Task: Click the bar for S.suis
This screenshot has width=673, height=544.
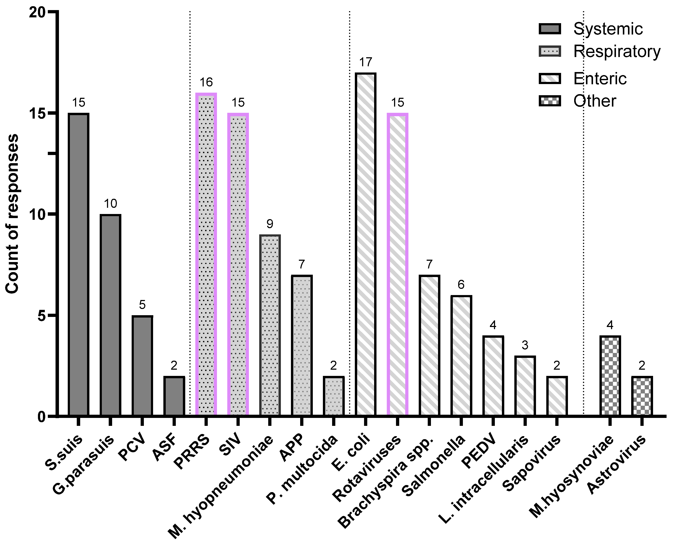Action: (x=79, y=265)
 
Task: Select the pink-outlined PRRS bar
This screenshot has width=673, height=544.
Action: (x=206, y=255)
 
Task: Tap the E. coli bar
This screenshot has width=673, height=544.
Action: (x=366, y=244)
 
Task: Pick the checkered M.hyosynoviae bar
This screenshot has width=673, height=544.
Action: (x=610, y=376)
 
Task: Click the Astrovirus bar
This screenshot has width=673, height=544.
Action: (x=642, y=396)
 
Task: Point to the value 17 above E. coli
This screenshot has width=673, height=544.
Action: (x=366, y=62)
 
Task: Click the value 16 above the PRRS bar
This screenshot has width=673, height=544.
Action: (x=206, y=82)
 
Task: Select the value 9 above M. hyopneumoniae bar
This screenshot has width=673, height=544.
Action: (x=270, y=224)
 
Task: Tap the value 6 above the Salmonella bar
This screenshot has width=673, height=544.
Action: (x=461, y=285)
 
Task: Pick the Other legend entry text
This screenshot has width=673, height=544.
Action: (x=594, y=101)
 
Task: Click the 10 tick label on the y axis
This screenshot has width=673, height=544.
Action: (x=37, y=215)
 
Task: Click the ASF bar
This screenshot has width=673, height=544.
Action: (x=174, y=396)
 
